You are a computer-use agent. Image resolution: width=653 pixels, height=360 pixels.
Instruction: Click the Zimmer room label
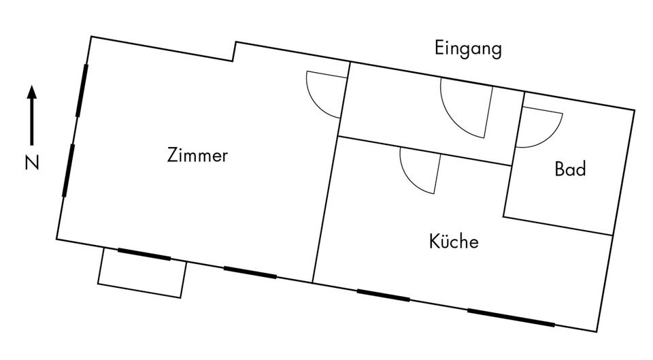[197, 156]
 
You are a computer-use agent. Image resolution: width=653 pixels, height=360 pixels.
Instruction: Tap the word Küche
[454, 242]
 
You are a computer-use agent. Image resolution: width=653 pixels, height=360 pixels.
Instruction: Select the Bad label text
[570, 169]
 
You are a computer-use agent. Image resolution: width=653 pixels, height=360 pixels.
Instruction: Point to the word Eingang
[468, 49]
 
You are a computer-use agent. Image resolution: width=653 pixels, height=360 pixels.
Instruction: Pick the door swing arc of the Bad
[541, 129]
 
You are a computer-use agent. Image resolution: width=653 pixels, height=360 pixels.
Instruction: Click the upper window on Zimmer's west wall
[82, 89]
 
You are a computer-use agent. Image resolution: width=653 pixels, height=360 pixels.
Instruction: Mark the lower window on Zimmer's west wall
[68, 170]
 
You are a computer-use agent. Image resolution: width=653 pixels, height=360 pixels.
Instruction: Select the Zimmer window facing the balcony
[144, 255]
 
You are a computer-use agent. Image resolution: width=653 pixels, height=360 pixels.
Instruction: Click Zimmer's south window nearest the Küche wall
[250, 272]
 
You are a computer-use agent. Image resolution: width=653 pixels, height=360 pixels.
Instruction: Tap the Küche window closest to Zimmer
[383, 295]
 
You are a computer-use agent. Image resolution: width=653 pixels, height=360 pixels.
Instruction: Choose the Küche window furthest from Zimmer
[510, 318]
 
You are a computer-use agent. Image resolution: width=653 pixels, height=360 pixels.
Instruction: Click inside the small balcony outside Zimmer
[142, 274]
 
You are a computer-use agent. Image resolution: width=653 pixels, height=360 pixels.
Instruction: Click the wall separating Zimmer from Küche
[324, 208]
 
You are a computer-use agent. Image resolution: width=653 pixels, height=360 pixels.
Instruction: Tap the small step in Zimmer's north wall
[234, 52]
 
